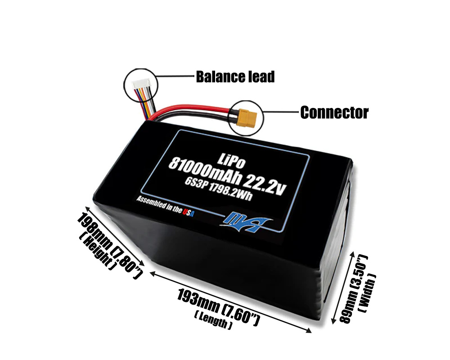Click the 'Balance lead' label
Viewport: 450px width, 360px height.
(x=235, y=77)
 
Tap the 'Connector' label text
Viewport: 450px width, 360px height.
(x=334, y=112)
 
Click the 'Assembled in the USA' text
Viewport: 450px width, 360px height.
(x=166, y=206)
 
